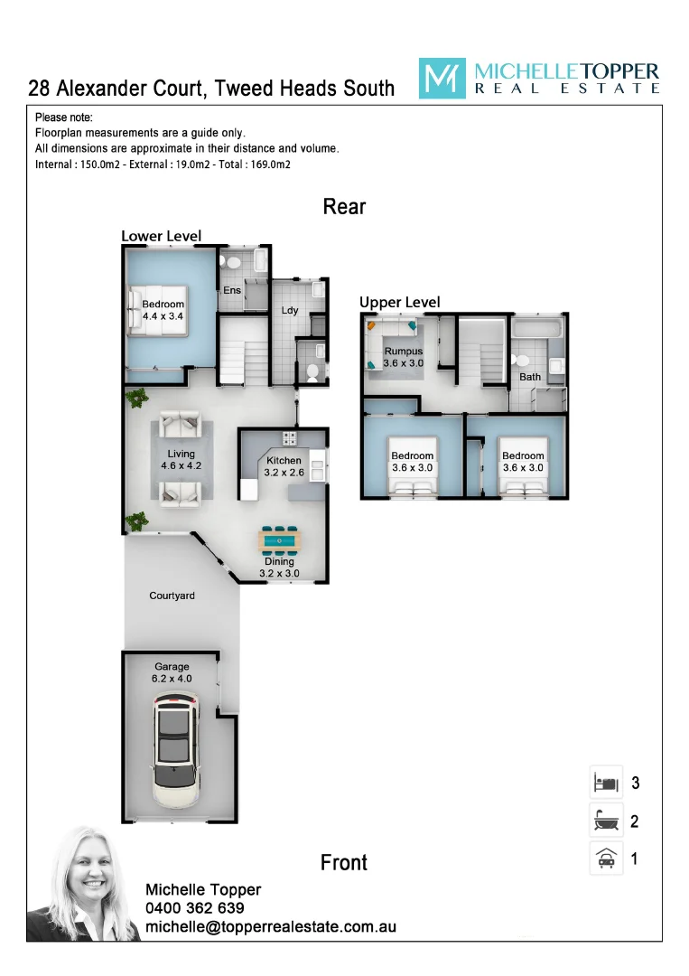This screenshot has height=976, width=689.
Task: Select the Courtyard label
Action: (x=172, y=596)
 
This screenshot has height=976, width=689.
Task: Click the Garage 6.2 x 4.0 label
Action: (x=171, y=672)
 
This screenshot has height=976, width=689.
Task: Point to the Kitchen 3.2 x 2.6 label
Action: (x=284, y=466)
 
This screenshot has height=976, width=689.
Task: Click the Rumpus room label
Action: (x=403, y=356)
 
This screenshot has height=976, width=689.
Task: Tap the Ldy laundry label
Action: (x=289, y=310)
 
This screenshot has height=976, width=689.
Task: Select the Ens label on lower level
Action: (x=232, y=290)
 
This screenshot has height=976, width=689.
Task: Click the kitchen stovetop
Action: (x=291, y=438)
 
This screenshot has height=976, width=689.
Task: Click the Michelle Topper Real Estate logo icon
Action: (x=442, y=79)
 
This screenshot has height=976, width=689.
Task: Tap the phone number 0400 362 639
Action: (x=194, y=908)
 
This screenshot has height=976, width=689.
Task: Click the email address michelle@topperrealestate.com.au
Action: (x=270, y=927)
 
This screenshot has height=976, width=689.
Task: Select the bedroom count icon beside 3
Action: (x=606, y=782)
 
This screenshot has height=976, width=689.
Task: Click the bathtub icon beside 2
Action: (x=606, y=821)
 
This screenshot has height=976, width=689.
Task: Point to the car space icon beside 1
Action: (x=606, y=859)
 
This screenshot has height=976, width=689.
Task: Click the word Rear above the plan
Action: (x=344, y=207)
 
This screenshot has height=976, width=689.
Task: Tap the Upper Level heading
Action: (x=399, y=302)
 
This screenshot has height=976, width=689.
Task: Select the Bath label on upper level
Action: (x=529, y=377)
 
